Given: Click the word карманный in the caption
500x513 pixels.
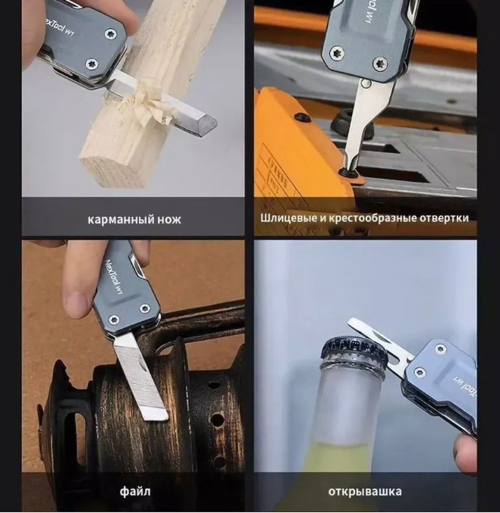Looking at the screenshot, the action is coord(120,219).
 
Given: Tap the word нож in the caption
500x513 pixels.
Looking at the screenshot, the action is coord(169,219).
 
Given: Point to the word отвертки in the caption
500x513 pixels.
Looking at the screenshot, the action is coord(444,218).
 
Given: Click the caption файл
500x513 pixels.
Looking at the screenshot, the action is coord(135,492).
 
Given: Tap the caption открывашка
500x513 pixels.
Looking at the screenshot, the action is coord(365,492).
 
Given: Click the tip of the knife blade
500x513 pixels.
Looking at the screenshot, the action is coord(215,124).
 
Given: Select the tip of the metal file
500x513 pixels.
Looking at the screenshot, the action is coord(157,417).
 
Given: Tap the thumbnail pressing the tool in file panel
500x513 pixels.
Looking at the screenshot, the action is coord(78,304).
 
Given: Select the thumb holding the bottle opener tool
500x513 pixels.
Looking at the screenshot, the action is coord(466,453).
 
